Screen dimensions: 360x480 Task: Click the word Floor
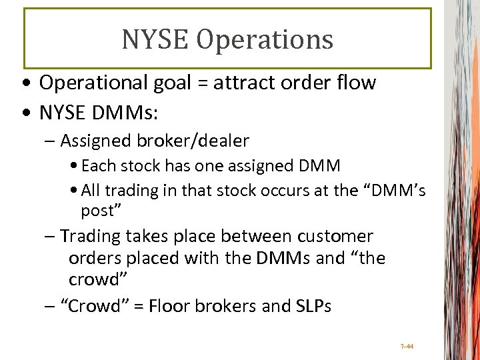[169, 307]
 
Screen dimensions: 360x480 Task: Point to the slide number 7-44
[407, 346]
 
